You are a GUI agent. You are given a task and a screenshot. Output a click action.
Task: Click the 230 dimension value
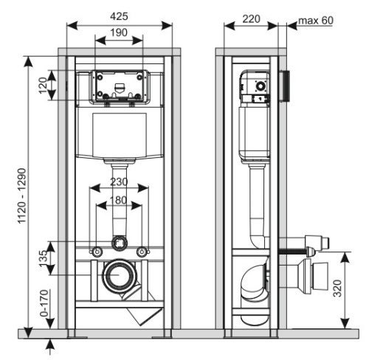tap(119, 182)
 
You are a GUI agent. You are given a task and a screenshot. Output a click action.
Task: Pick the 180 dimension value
tap(119, 199)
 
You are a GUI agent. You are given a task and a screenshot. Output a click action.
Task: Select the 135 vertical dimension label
tap(43, 257)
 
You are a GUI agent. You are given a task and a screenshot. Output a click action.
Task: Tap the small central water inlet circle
tap(119, 241)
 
